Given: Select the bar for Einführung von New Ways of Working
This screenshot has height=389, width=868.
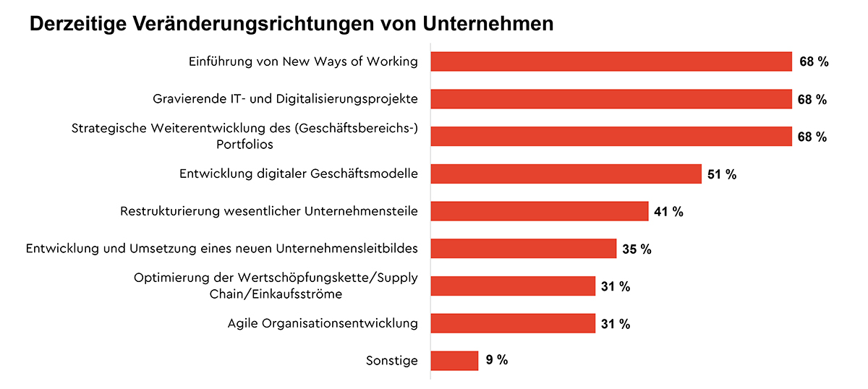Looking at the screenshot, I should coord(611,61).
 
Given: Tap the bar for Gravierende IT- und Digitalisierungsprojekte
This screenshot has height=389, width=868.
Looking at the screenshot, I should coord(611,99).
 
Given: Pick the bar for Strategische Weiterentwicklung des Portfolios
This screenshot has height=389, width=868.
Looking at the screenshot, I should coord(611,137).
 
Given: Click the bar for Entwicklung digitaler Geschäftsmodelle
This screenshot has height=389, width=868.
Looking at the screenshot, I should coord(566,174).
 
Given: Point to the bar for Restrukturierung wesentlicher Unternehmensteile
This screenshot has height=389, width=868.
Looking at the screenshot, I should coord(539,211).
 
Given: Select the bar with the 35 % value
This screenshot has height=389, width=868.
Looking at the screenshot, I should coord(523,249).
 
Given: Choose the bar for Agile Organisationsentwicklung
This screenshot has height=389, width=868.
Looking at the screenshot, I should coord(512,323).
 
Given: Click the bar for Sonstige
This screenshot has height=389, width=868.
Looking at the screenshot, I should coord(454,360).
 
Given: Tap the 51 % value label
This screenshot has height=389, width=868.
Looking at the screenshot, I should coord(722,174).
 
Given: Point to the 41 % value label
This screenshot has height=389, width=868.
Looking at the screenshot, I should coord(668,212).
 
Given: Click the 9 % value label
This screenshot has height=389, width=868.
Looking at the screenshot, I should coord(497,360).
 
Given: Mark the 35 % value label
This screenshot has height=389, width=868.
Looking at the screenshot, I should coord(637,249).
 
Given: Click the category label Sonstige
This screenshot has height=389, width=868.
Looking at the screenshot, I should coord(393,360).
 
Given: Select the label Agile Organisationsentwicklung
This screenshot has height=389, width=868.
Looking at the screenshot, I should coord(323,323).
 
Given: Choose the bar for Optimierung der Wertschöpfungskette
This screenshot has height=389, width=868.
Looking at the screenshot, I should coord(512,286).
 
